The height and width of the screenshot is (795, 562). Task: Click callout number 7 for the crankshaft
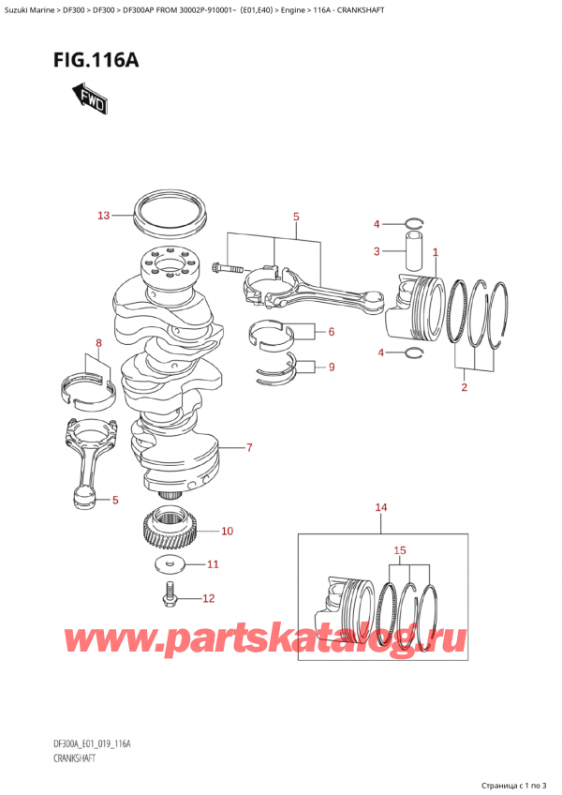click(249, 448)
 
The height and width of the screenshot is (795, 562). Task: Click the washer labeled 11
click(168, 564)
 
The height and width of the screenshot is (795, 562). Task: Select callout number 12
click(208, 598)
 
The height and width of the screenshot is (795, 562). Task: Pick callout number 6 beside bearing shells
click(331, 332)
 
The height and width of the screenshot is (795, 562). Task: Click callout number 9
click(331, 367)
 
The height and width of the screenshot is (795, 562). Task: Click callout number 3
click(376, 251)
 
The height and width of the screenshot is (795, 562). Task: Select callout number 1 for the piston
click(435, 251)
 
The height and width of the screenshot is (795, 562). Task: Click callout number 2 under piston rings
click(463, 386)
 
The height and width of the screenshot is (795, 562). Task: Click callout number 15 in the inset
click(399, 549)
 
